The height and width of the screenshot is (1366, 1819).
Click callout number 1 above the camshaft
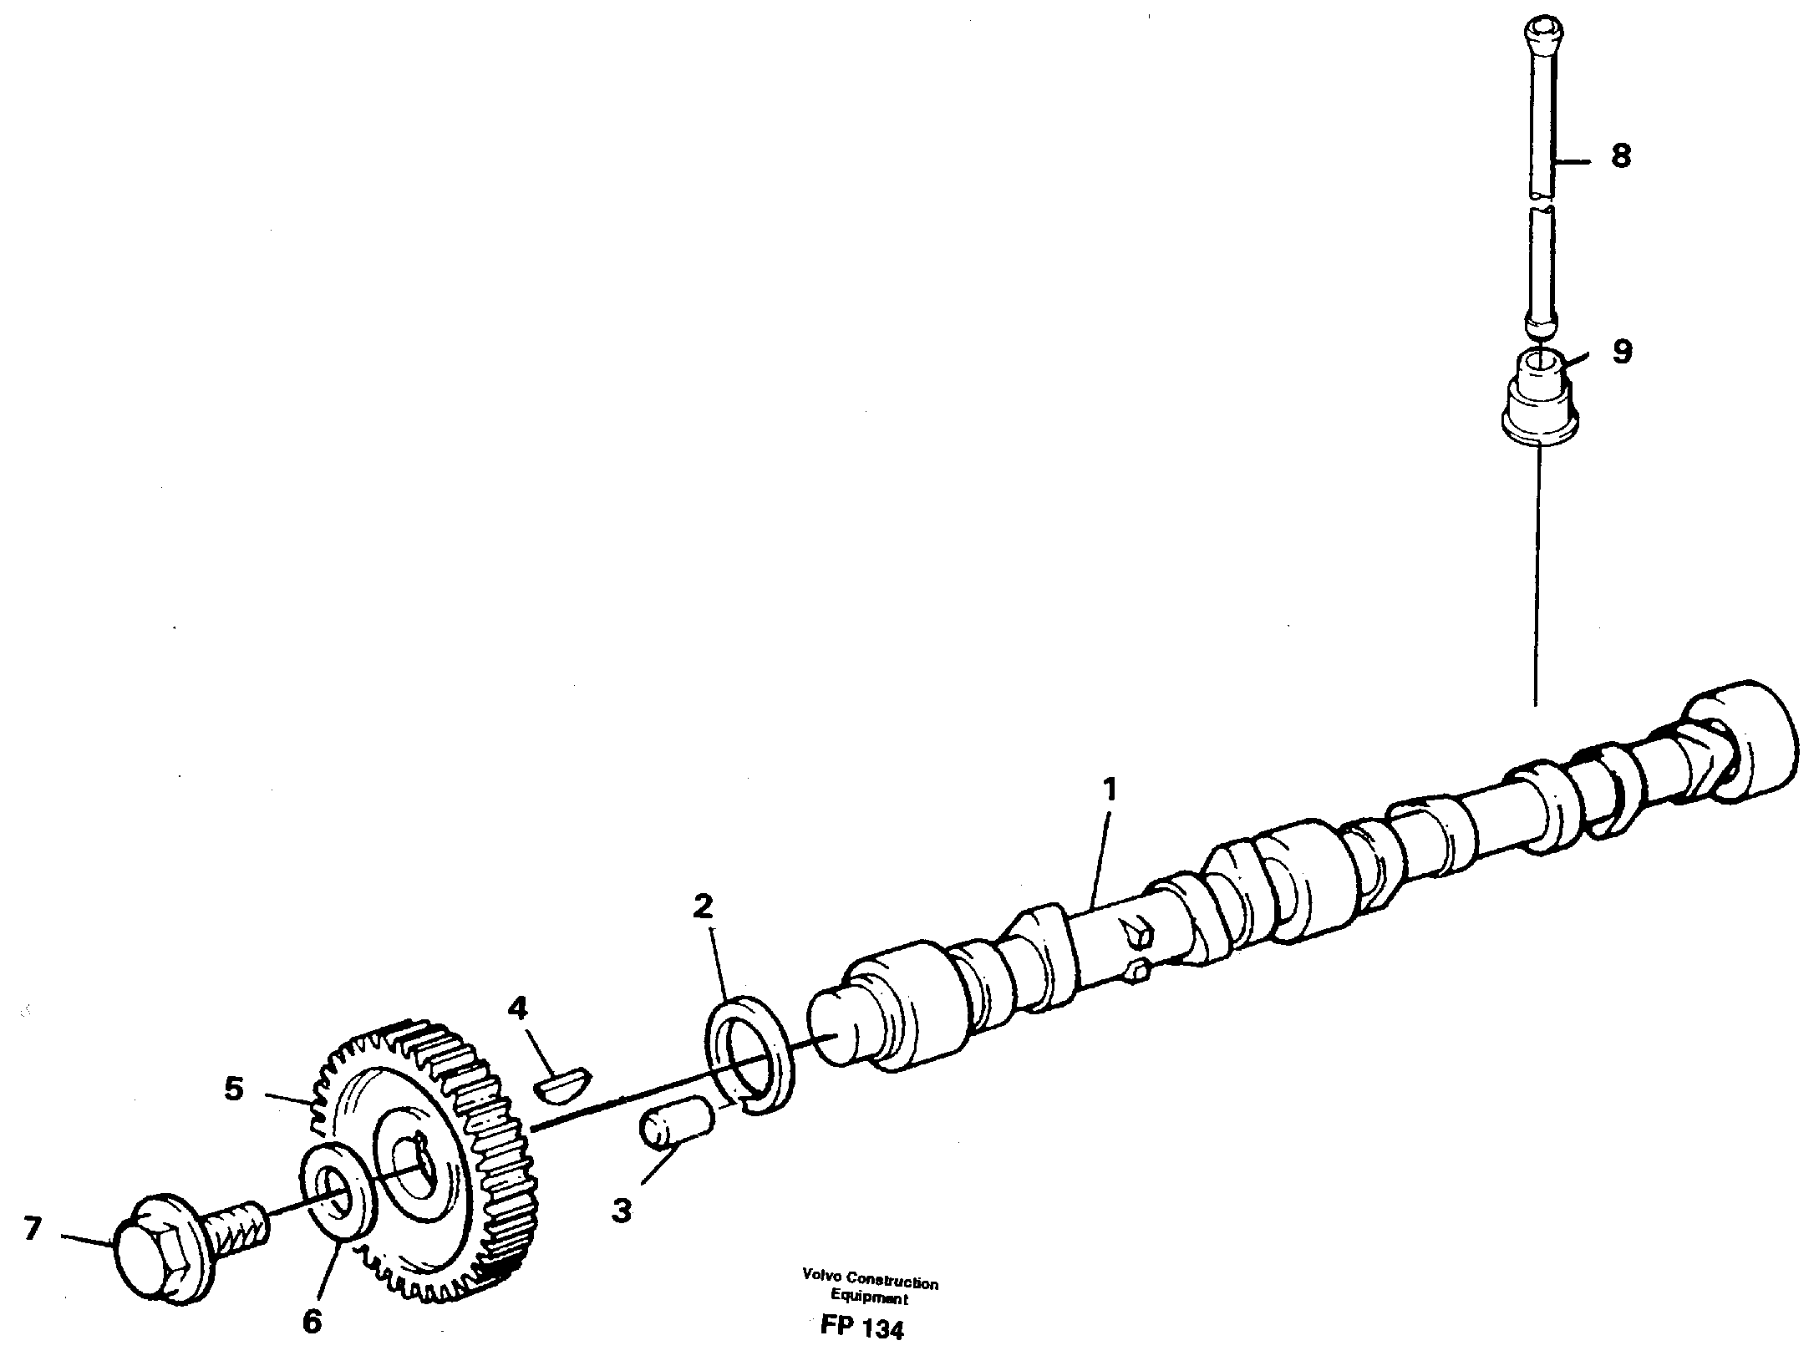pyautogui.click(x=1110, y=790)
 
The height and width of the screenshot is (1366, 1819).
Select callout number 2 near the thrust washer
pyautogui.click(x=704, y=906)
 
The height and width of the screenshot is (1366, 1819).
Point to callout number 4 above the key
pyautogui.click(x=518, y=1009)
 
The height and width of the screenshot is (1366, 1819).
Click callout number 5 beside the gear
pyautogui.click(x=233, y=1089)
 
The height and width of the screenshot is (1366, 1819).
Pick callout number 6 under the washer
pyautogui.click(x=311, y=1322)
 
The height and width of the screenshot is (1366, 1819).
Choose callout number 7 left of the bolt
pyautogui.click(x=31, y=1228)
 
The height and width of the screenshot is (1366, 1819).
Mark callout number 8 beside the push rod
pyautogui.click(x=1620, y=156)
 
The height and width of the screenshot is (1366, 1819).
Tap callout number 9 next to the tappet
pyautogui.click(x=1620, y=352)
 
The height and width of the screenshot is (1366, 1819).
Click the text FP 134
pyautogui.click(x=861, y=1329)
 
